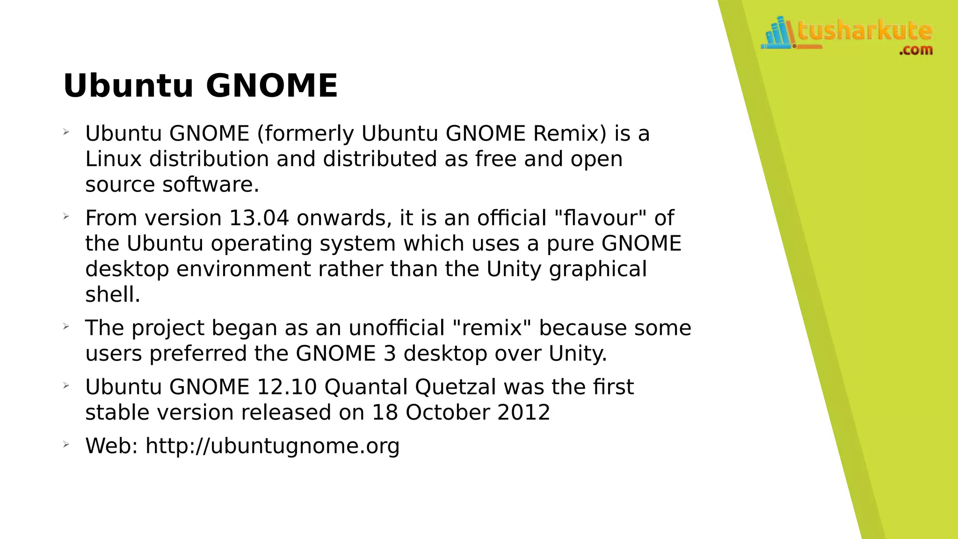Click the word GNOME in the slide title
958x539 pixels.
pos(271,86)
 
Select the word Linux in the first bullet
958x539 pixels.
pos(113,159)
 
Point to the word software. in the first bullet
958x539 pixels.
pos(210,184)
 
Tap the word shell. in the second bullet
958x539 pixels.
pos(113,295)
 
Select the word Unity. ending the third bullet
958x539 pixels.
pos(578,354)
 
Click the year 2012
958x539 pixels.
pos(523,413)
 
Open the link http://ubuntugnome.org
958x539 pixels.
pos(272,446)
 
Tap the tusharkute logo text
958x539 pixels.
pos(865,31)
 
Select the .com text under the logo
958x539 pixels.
pos(915,50)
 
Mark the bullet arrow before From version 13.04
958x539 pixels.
pos(66,217)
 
